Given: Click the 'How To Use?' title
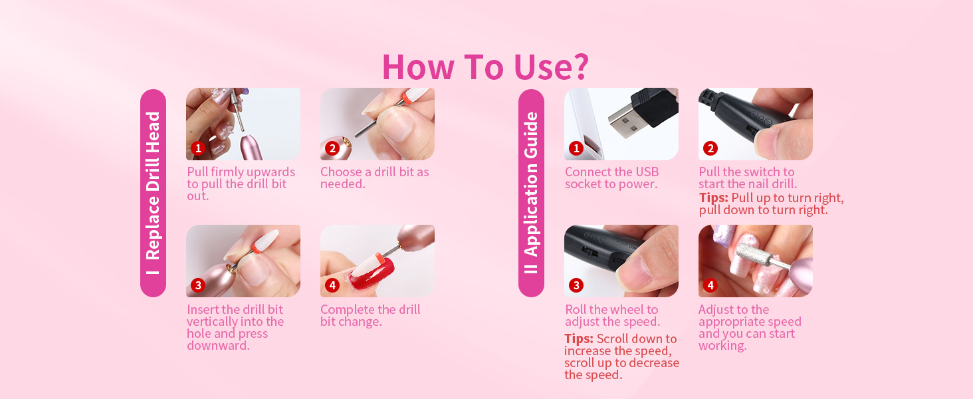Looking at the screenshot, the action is point(485,67).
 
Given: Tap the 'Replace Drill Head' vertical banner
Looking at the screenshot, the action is point(153,193).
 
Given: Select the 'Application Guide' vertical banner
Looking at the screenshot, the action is point(531,193).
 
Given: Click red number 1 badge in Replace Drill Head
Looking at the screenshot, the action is point(198,148).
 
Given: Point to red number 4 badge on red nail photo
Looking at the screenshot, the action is point(332,285).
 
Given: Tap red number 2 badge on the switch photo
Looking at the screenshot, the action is point(710,148).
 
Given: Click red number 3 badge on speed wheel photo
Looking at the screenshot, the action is point(576,285).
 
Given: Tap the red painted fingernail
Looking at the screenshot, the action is point(372,275).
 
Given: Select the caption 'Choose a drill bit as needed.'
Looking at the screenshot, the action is point(374,178).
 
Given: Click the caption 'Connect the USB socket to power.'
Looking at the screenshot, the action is point(611,178).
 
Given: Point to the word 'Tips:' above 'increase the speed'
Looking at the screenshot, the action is point(579,338).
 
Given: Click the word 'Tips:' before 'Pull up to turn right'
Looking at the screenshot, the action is point(713,198).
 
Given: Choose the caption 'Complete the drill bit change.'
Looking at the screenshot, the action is point(370,315).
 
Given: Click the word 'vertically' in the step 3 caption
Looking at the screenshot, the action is point(211,322).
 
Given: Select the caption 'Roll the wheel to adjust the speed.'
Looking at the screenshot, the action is point(612,315).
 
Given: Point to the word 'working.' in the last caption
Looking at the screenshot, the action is point(722,346).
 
